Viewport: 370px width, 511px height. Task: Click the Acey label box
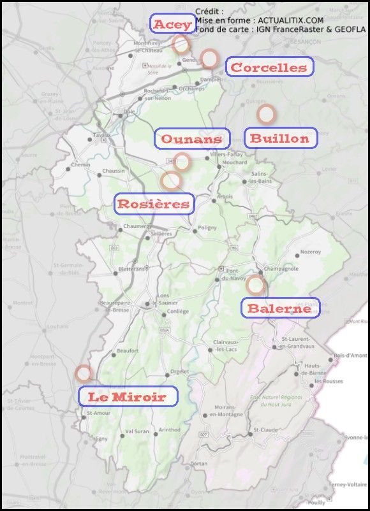172,24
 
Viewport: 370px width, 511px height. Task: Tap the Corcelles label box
269,67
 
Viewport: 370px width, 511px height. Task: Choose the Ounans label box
191,138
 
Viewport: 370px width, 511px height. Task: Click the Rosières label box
153,204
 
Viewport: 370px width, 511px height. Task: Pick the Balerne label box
280,308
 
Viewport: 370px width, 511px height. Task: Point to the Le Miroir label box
128,396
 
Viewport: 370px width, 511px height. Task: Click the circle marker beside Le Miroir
83,373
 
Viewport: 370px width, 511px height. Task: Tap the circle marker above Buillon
266,114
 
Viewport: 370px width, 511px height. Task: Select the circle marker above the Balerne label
256,284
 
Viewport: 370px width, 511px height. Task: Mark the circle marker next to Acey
181,44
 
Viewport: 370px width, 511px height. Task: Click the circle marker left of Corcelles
209,59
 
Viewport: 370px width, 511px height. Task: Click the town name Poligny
207,227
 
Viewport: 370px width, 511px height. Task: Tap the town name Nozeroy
310,252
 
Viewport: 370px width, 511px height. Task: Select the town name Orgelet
180,372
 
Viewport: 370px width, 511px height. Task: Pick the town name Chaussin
113,171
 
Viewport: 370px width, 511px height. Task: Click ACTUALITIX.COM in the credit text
286,20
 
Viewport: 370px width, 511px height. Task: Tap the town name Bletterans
132,269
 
